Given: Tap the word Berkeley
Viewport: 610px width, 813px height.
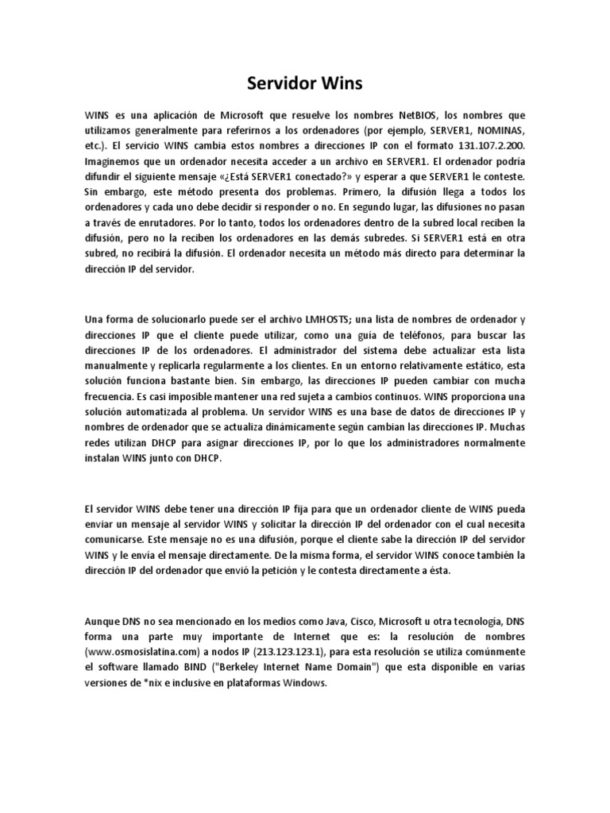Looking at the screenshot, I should (245, 665).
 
